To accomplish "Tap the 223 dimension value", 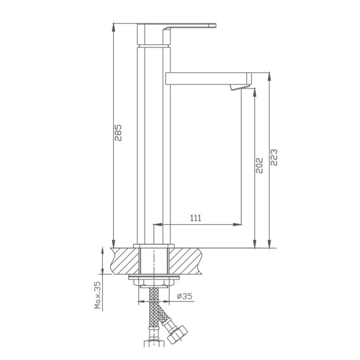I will (274, 157).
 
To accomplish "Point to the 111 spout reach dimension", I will (196, 218).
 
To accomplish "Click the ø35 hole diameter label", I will (184, 297).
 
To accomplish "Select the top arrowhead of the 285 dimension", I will (113, 27).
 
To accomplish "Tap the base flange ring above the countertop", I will (154, 245).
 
